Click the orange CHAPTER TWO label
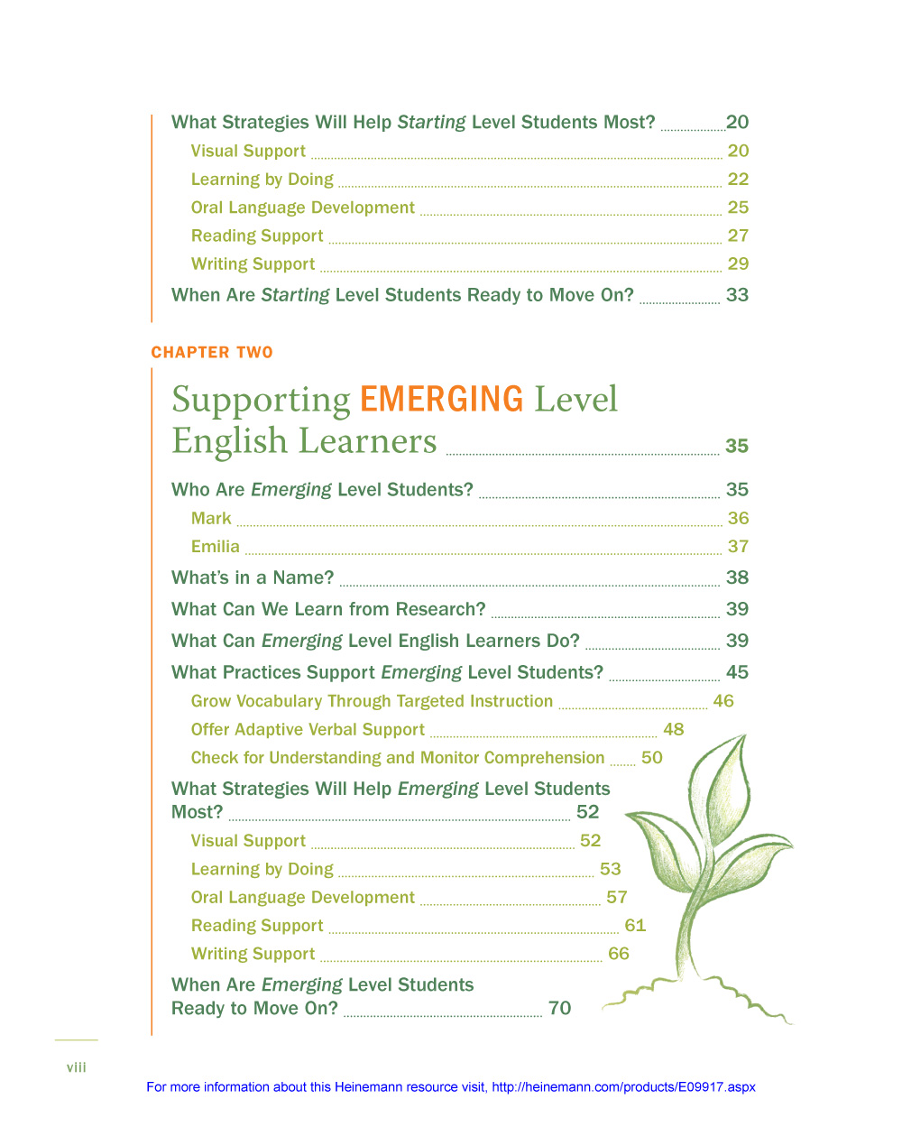212,353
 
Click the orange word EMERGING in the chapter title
441,399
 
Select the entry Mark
211,519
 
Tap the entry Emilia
216,547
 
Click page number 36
738,519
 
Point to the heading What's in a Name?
253,578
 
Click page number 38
737,578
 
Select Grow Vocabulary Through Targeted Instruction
372,702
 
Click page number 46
723,702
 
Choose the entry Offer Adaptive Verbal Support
308,730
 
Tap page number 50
651,758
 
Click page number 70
559,1009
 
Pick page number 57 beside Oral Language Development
617,898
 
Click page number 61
635,926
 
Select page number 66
619,954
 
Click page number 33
737,296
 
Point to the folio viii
77,1067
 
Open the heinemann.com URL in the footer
623,1087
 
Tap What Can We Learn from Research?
328,610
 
